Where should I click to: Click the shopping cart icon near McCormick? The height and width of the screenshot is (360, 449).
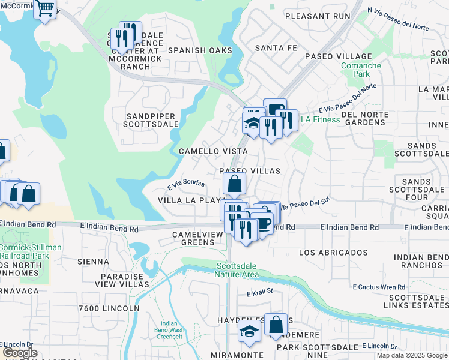46,9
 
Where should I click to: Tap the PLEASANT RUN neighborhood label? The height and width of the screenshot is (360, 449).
316,16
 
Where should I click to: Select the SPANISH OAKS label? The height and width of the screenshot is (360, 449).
200,50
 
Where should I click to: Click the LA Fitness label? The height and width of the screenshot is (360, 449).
320,119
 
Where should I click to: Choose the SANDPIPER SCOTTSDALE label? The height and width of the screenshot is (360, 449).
152,119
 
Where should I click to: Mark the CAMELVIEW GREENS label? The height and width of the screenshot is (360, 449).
193,238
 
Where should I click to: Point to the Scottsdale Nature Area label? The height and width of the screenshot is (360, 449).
237,270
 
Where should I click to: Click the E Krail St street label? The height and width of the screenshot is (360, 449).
260,293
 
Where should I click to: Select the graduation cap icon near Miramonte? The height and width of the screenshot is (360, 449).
249,331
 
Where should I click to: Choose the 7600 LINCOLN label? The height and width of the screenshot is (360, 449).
108,308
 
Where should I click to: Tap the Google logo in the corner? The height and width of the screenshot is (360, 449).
20,353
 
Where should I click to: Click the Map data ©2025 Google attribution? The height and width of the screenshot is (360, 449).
411,355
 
